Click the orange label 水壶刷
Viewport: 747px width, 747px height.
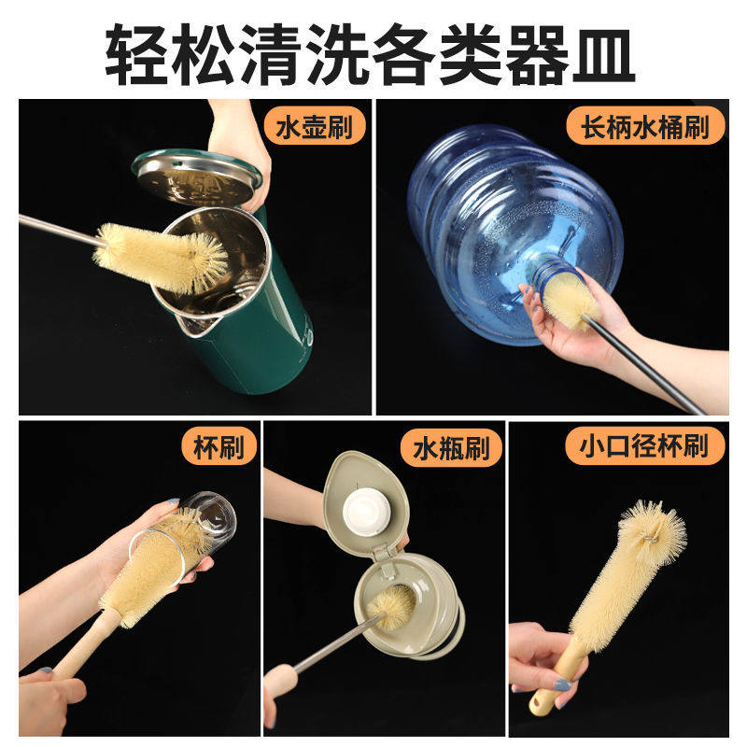[314, 127]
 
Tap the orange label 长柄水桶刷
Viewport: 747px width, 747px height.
[643, 125]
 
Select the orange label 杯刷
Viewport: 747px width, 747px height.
[219, 449]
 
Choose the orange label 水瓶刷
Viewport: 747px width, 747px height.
[457, 449]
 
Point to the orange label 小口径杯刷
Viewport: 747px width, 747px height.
[645, 449]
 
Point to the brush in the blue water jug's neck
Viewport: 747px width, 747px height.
[568, 294]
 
